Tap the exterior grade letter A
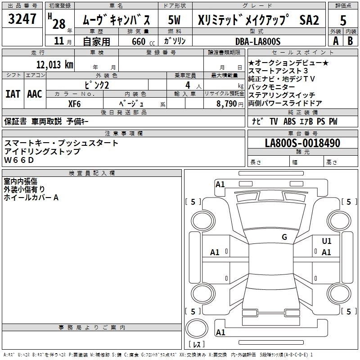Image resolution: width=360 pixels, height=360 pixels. coord(335,40)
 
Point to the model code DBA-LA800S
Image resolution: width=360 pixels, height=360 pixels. coord(258,41)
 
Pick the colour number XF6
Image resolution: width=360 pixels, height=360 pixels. coord(74,103)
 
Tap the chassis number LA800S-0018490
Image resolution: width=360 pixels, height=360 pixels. coord(302,143)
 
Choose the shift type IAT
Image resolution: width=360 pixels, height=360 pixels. coord(13,94)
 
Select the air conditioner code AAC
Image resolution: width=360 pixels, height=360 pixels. coord(34,94)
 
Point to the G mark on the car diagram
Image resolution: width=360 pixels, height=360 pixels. coord(284,237)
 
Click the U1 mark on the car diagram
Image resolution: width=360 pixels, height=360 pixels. coord(327,241)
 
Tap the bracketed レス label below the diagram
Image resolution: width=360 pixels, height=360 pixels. coord(196,345)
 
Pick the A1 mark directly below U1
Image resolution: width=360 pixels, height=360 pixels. coord(327,252)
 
